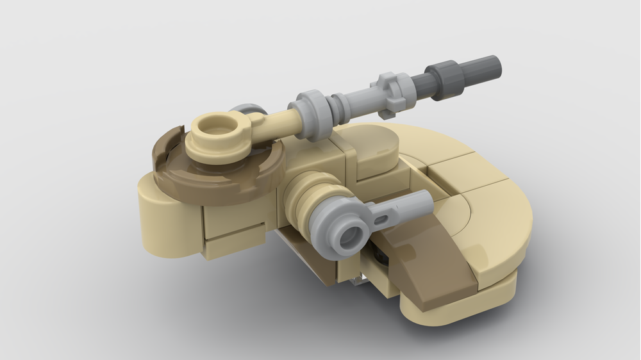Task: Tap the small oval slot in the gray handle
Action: coord(383,219)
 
